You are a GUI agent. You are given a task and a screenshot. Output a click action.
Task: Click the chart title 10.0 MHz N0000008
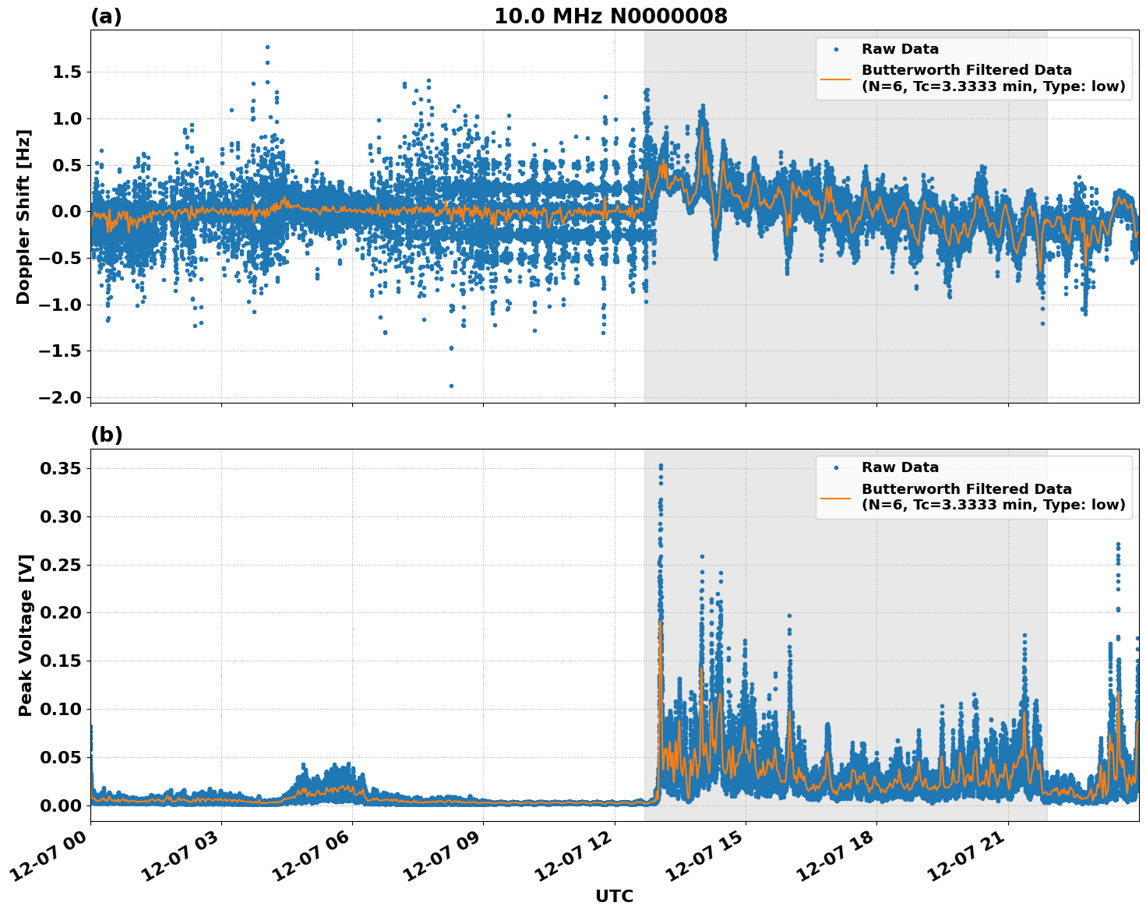pyautogui.click(x=611, y=16)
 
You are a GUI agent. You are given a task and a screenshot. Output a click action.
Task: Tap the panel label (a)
pyautogui.click(x=106, y=16)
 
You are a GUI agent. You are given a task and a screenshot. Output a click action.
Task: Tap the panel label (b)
pyautogui.click(x=107, y=435)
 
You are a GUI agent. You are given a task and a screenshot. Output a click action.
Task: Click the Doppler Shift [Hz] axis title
pyautogui.click(x=23, y=217)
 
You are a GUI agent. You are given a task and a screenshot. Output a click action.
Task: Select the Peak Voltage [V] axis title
pyautogui.click(x=26, y=635)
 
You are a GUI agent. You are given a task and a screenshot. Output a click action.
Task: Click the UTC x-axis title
pyautogui.click(x=614, y=896)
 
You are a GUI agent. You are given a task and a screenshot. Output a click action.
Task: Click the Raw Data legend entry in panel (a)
pyautogui.click(x=900, y=49)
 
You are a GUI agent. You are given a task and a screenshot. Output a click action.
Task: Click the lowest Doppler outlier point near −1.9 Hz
pyautogui.click(x=451, y=386)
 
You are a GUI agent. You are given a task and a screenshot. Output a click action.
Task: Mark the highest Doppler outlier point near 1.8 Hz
pyautogui.click(x=267, y=47)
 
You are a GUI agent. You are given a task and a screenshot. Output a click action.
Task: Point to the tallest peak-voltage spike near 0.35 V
pyautogui.click(x=661, y=466)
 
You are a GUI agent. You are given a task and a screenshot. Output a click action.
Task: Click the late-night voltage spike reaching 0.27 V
pyautogui.click(x=1118, y=545)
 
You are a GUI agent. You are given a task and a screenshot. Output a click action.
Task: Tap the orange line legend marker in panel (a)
pyautogui.click(x=836, y=78)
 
